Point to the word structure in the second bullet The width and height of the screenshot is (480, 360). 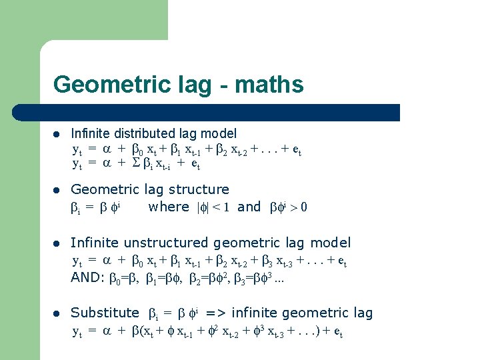point(197,189)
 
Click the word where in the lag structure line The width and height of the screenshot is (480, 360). point(169,207)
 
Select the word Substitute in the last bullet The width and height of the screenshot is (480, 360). point(105,313)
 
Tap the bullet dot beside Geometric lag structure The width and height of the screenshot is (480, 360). point(58,190)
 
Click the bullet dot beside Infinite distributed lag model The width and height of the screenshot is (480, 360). point(58,135)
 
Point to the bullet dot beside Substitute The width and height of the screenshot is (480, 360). point(58,313)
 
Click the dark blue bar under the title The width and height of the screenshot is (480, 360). point(220,112)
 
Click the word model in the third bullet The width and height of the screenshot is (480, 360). point(332,243)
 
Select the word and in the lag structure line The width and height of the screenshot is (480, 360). point(249,207)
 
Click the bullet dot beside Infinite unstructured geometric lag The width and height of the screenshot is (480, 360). point(58,243)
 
